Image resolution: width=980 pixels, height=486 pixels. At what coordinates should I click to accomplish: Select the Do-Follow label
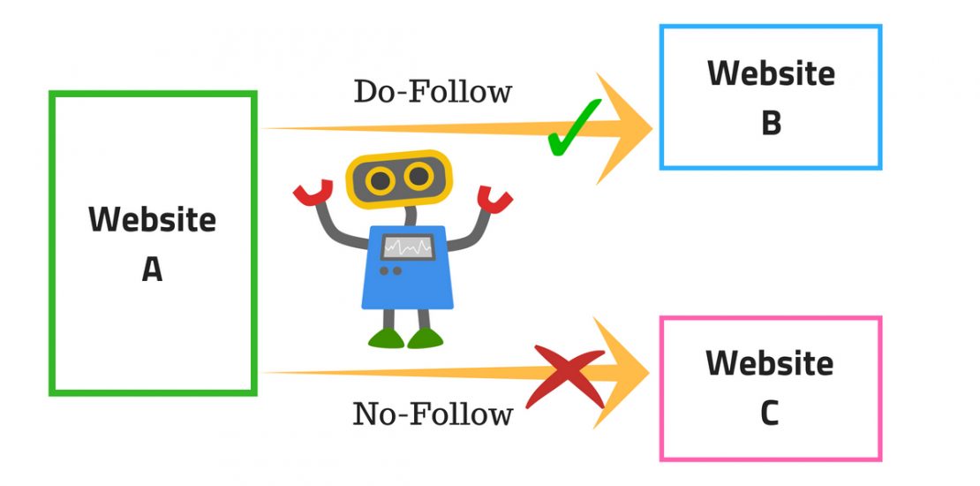tap(433, 91)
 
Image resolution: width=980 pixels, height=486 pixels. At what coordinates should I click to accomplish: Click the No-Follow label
tap(433, 414)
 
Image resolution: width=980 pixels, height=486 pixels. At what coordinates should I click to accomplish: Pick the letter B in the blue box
tap(771, 124)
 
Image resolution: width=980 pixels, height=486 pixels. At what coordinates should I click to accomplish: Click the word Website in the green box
tap(152, 219)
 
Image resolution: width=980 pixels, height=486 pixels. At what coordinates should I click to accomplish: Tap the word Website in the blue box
tap(771, 73)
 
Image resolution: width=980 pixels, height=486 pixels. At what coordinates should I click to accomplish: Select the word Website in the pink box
tap(770, 363)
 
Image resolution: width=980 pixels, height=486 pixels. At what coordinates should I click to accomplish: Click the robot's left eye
tap(381, 181)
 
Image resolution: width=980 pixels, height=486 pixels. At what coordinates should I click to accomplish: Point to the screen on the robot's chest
tap(407, 247)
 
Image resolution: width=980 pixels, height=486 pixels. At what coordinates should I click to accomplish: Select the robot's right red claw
tap(494, 200)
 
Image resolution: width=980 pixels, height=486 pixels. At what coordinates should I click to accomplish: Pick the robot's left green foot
tap(386, 338)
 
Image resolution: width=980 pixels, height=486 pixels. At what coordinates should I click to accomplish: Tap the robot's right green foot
tap(425, 338)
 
